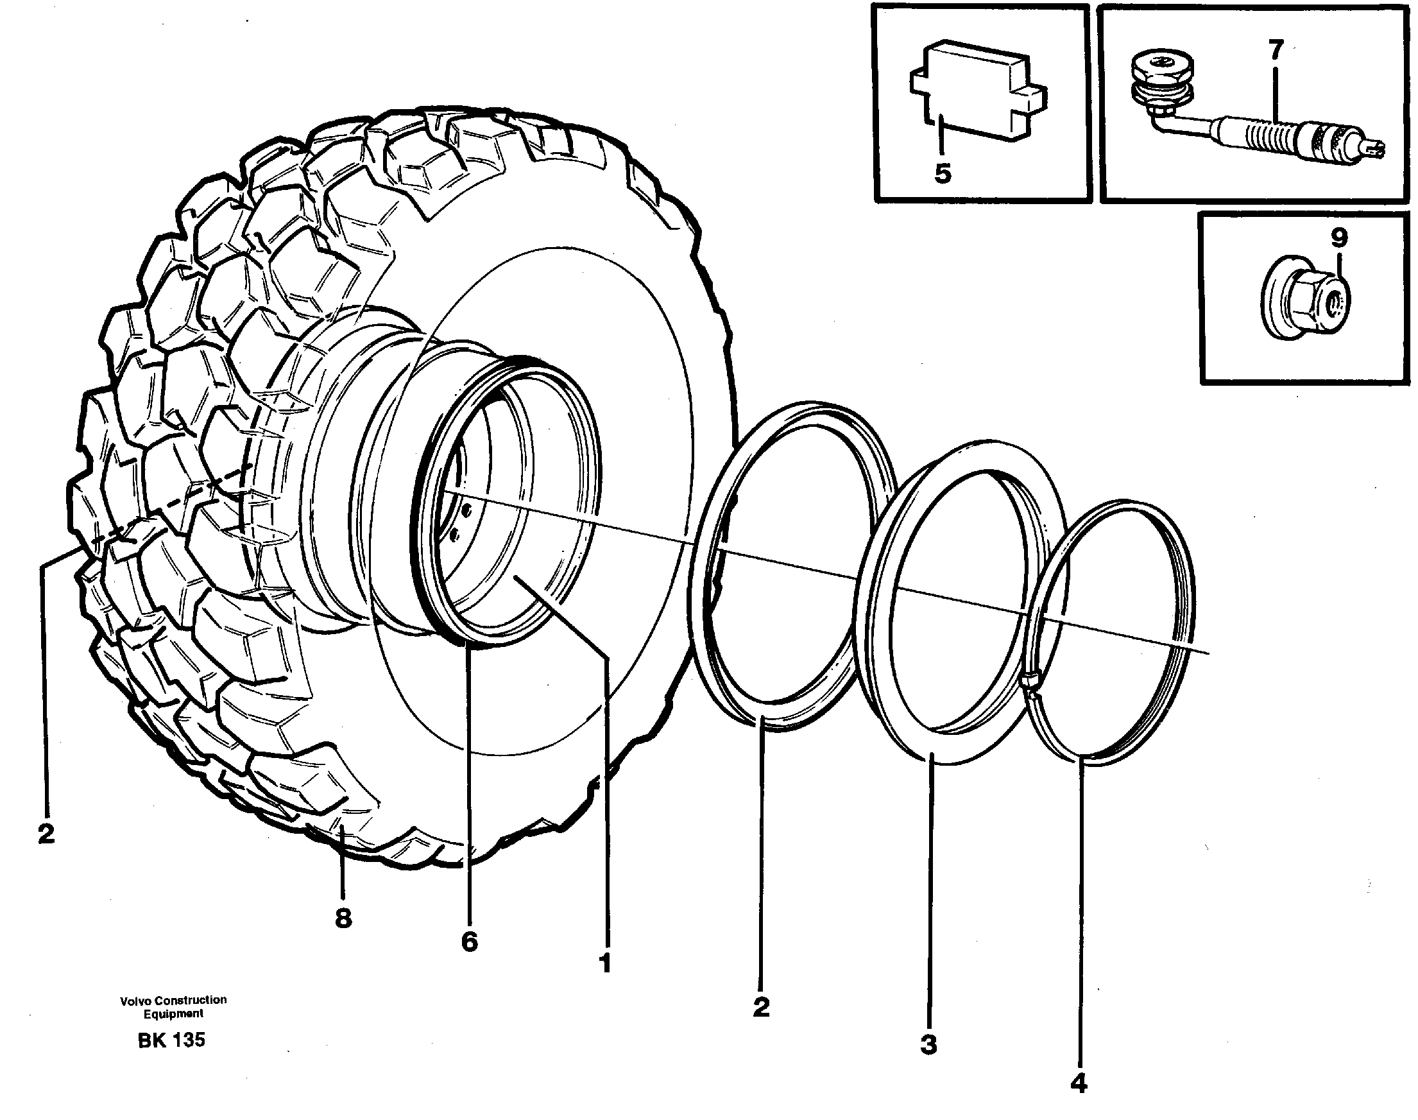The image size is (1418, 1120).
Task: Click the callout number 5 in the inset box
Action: coord(942,175)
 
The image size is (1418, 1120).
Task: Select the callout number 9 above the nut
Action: coord(1338,237)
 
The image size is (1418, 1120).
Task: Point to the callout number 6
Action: coord(470,942)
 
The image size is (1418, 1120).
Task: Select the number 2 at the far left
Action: coord(46,835)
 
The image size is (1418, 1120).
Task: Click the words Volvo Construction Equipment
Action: coord(173,1006)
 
